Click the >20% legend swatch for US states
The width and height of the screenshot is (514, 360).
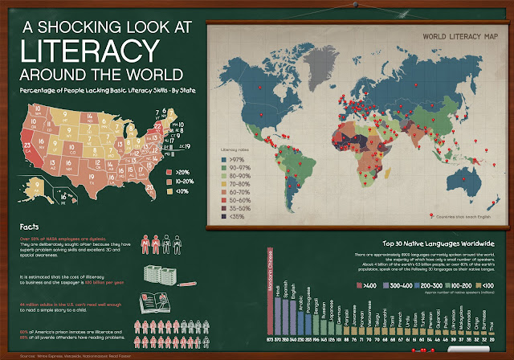(x=166, y=171)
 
